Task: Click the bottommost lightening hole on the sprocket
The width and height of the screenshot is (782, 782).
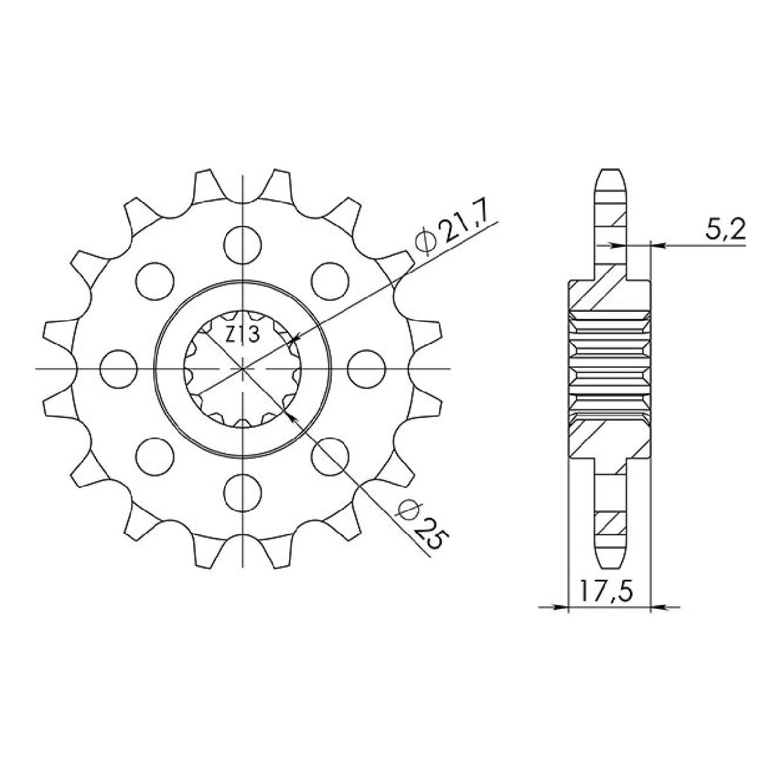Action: coord(244,492)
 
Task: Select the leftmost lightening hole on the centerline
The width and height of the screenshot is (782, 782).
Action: coord(120,368)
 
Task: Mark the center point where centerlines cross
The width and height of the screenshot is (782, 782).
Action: coord(243,368)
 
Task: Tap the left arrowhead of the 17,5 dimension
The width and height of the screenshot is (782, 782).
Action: coord(562,606)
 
